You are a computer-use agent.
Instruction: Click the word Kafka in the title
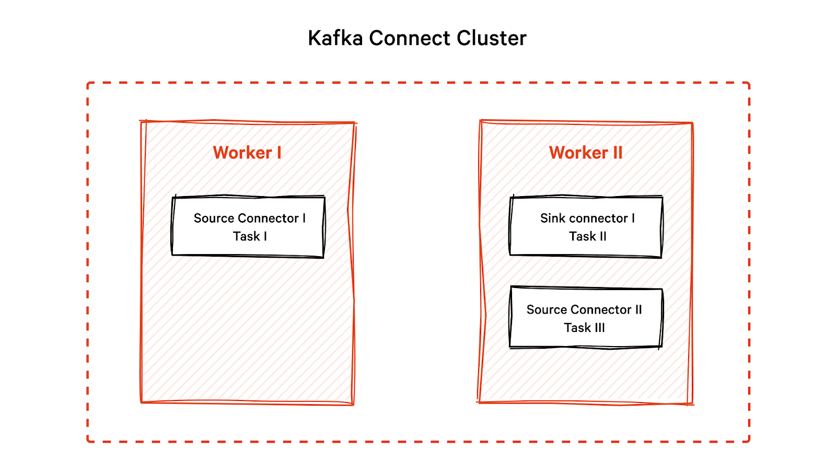[x=335, y=38]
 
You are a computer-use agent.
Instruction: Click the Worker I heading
[x=247, y=153]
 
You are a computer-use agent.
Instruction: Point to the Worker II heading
[x=586, y=153]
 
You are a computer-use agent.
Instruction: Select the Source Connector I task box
[x=248, y=227]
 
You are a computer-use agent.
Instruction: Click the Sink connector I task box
[x=586, y=227]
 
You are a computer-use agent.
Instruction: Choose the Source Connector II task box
[x=586, y=318]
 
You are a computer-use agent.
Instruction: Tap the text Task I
[x=250, y=236]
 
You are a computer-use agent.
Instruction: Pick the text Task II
[x=588, y=236]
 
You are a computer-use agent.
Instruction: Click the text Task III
[x=584, y=328]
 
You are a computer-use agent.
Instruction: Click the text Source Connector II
[x=584, y=309]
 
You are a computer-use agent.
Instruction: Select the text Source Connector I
[x=249, y=218]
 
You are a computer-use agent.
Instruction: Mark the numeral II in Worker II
[x=617, y=153]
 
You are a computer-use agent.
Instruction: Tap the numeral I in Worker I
[x=279, y=153]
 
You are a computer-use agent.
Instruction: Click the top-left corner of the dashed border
[x=88, y=83]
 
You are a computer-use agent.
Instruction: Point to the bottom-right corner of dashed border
[x=749, y=441]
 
